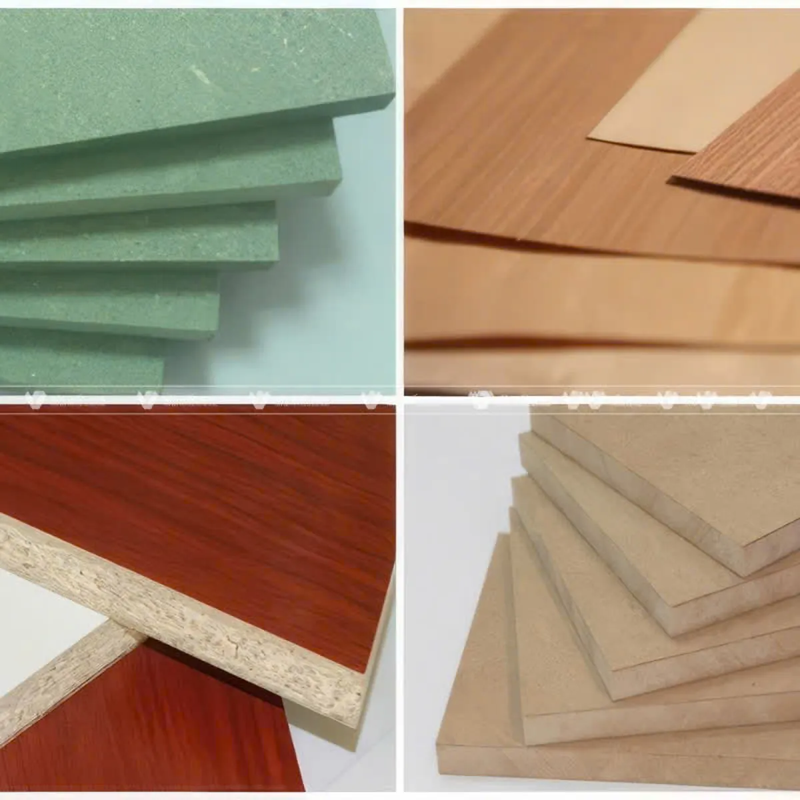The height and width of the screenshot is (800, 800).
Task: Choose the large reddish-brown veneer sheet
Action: pyautogui.click(x=533, y=167)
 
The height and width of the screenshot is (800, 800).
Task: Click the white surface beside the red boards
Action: pyautogui.click(x=40, y=613)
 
